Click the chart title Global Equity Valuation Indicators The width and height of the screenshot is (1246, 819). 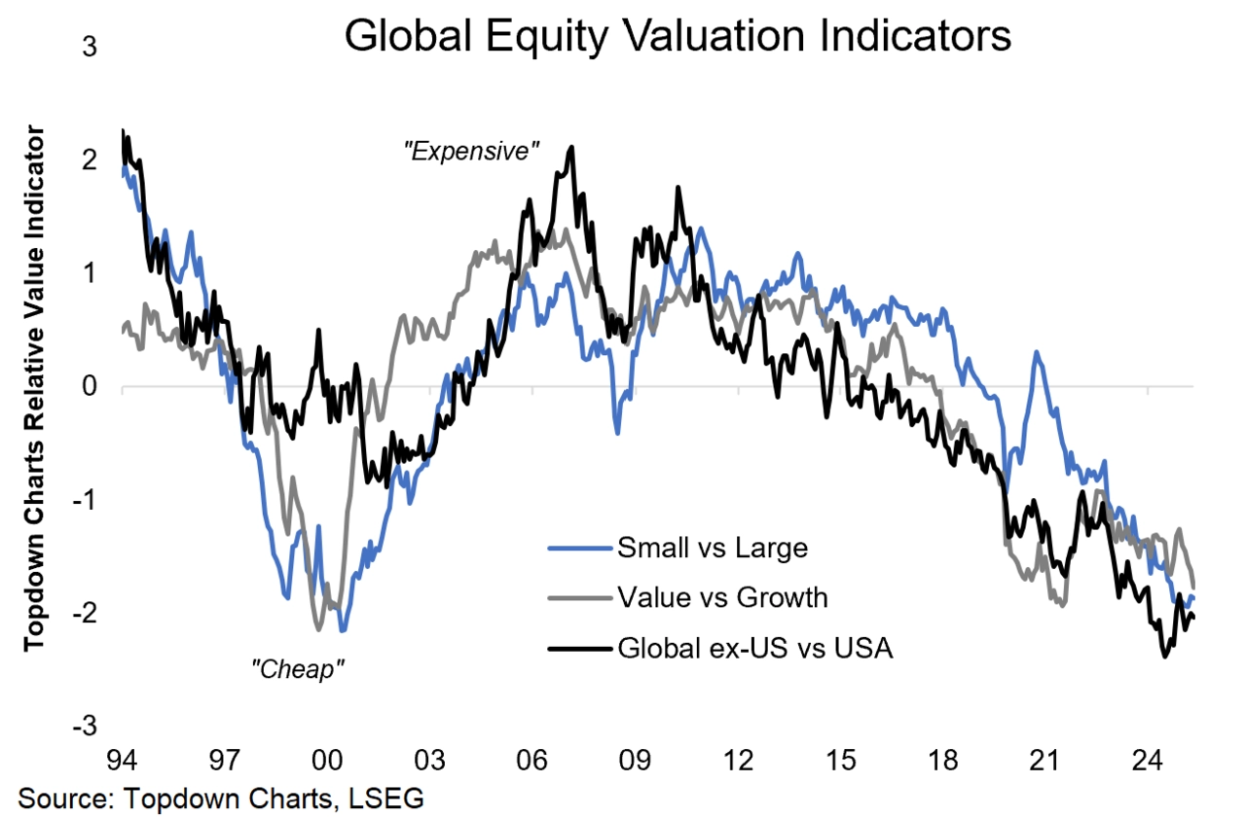(678, 37)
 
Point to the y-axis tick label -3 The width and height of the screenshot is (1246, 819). (86, 726)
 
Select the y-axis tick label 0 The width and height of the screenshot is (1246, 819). (90, 386)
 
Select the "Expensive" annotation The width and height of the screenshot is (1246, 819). (472, 151)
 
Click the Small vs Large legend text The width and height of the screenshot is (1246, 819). (713, 548)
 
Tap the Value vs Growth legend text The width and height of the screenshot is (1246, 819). (722, 596)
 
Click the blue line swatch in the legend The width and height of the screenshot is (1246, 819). (578, 548)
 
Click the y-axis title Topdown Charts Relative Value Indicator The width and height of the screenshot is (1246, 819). (35, 386)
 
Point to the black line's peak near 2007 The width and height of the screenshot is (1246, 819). (571, 147)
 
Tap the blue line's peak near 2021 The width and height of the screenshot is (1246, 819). (1038, 352)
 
